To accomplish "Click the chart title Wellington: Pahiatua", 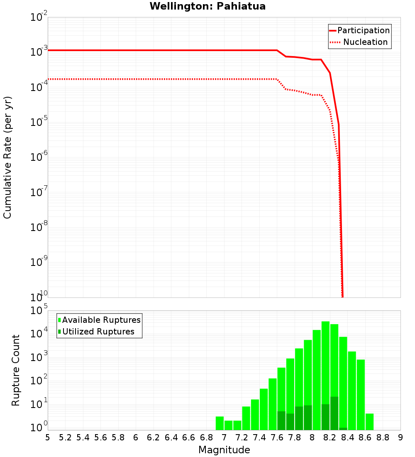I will (207, 6).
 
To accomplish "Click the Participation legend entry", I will (363, 30).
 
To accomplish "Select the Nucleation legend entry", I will (365, 42).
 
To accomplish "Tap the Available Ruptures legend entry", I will (101, 320).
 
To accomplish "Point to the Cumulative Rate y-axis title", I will (8, 157).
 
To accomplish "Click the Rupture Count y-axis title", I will (16, 370).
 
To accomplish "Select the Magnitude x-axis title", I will (224, 450).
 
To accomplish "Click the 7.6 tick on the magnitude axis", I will (277, 437).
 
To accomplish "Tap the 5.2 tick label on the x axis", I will (65, 437).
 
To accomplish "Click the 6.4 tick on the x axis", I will (171, 437).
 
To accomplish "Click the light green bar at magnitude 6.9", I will (220, 423).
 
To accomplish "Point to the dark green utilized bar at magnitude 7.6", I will (281, 420).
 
